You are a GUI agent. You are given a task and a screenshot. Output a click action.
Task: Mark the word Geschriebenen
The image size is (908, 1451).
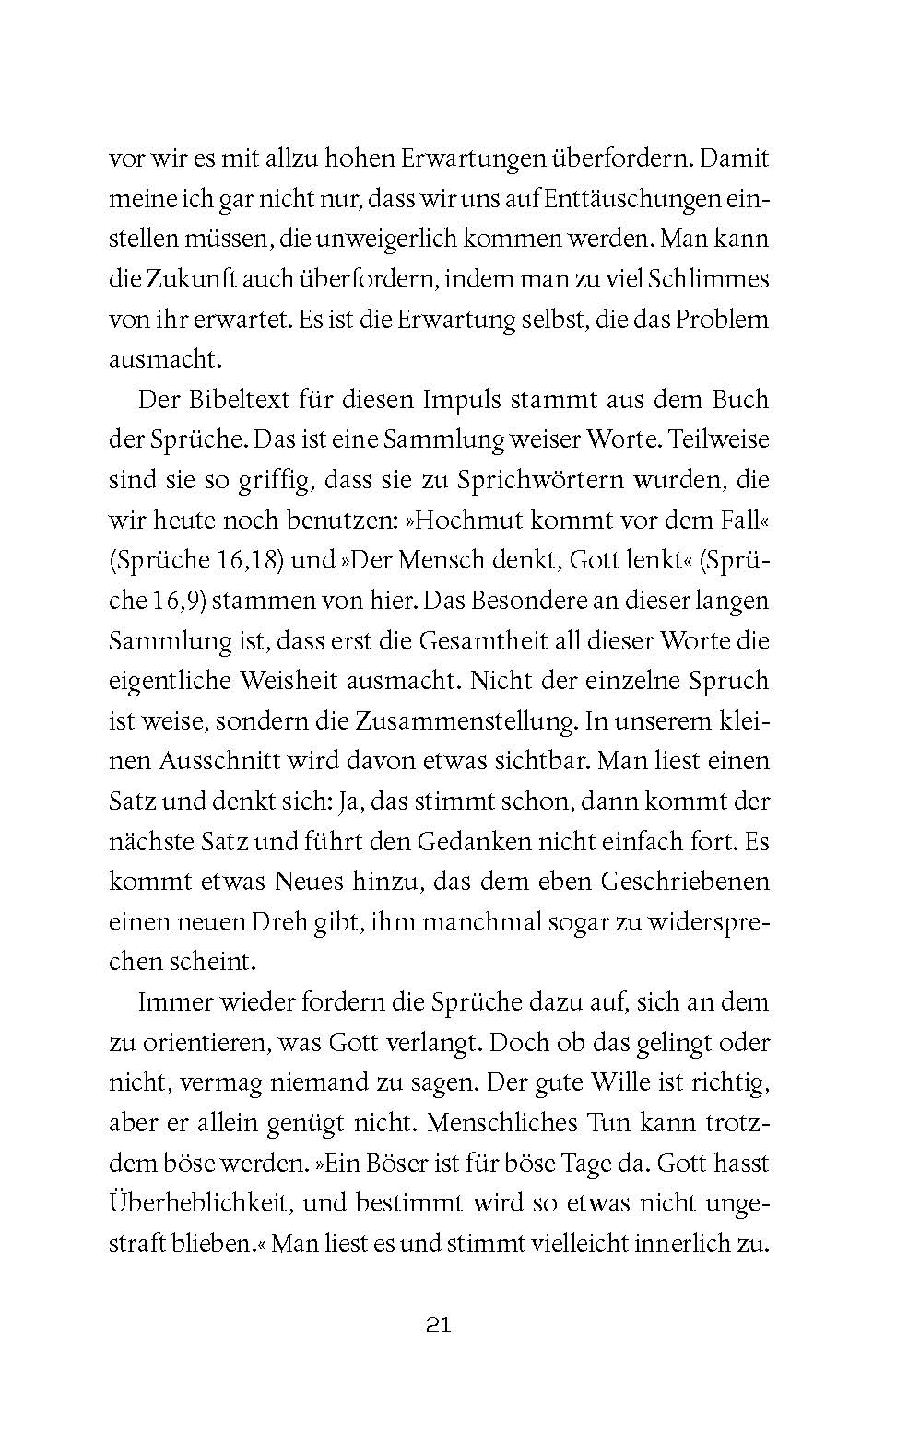pyautogui.click(x=685, y=882)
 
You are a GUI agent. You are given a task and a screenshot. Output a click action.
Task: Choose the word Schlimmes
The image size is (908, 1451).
pyautogui.click(x=707, y=279)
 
